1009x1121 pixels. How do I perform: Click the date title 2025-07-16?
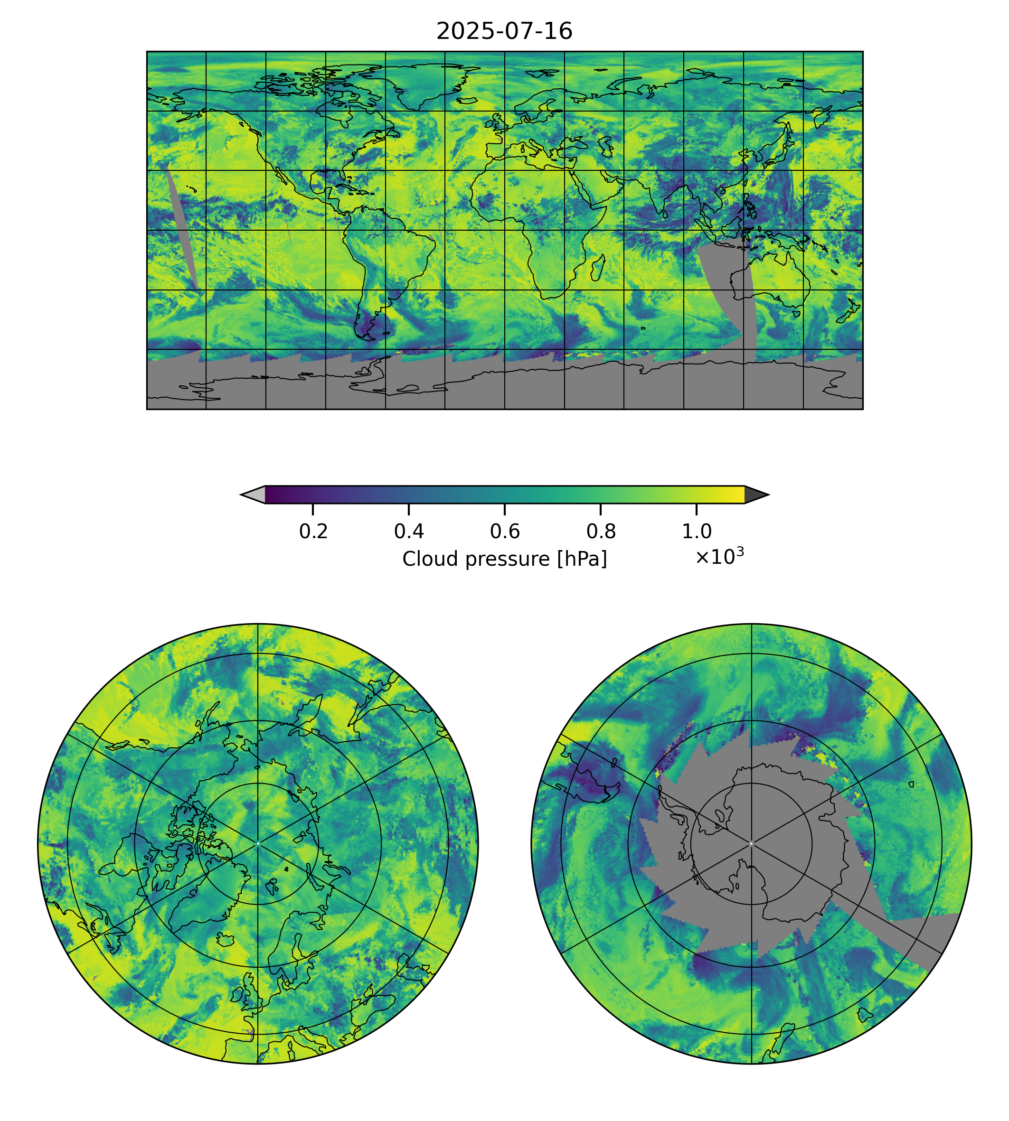(x=504, y=32)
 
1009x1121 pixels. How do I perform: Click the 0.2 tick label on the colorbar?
(x=313, y=532)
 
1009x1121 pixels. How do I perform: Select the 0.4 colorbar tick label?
(x=409, y=532)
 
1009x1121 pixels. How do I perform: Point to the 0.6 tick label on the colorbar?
(x=504, y=532)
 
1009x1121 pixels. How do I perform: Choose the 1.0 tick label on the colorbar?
(x=696, y=532)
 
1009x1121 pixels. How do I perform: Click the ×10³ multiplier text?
(x=719, y=556)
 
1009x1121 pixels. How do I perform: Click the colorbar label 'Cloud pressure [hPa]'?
(x=504, y=559)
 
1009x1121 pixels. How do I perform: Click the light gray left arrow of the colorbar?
(x=254, y=495)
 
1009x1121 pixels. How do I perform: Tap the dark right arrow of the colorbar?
(x=755, y=495)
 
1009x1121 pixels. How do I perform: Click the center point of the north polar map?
(x=258, y=843)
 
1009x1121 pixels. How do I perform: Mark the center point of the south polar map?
(x=751, y=844)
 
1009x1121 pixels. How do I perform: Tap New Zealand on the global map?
(x=849, y=313)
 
